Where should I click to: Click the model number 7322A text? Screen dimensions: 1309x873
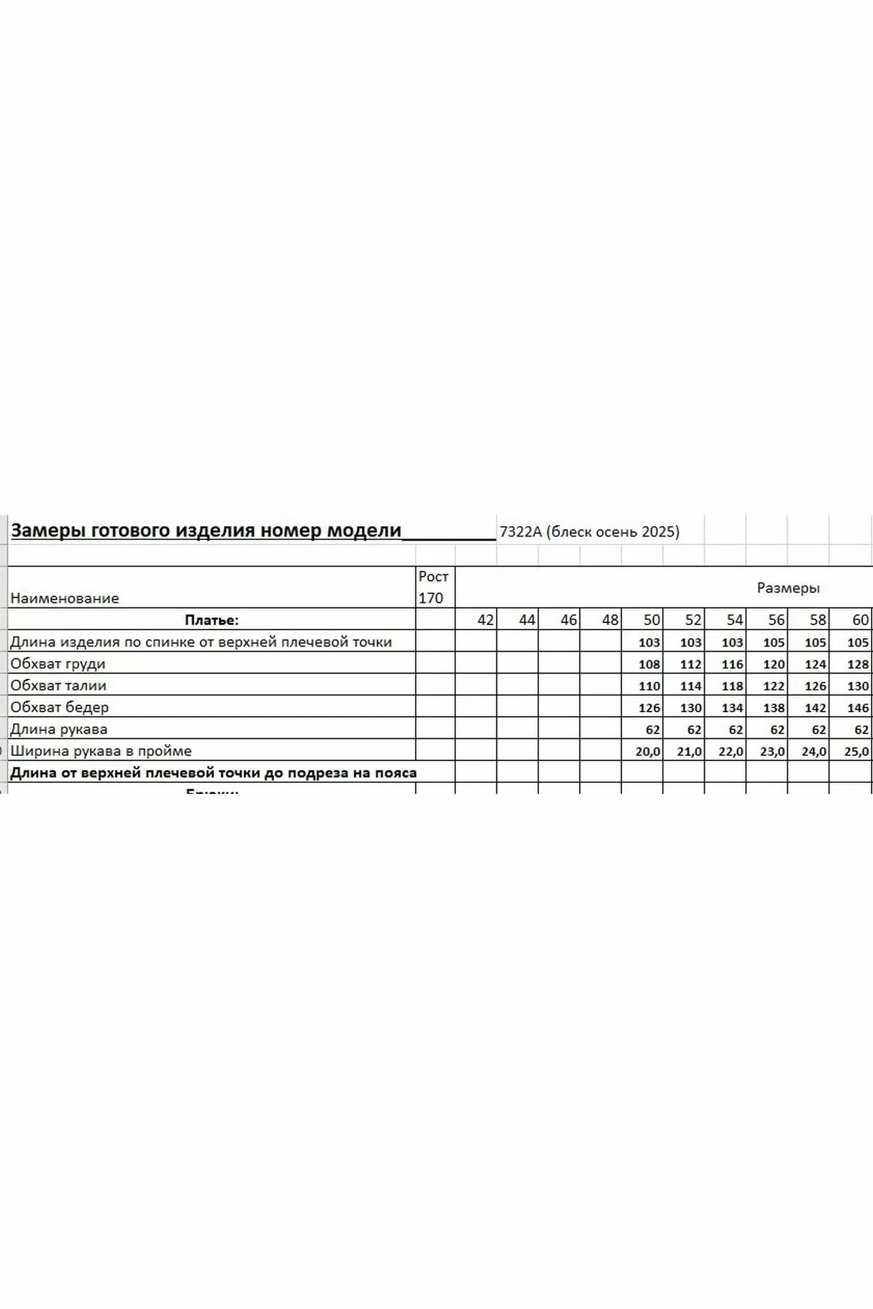(521, 531)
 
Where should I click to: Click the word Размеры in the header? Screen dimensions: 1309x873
(788, 588)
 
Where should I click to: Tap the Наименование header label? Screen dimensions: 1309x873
(64, 598)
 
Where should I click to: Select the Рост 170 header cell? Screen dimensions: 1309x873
(434, 587)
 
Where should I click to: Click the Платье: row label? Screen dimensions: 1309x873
(212, 620)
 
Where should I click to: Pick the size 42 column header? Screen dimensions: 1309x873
(485, 620)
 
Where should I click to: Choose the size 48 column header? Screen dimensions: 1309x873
(610, 620)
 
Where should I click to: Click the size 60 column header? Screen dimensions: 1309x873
(860, 620)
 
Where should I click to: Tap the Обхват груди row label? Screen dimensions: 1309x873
(58, 664)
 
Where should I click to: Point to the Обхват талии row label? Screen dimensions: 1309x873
(58, 685)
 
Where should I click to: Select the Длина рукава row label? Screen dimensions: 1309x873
(59, 729)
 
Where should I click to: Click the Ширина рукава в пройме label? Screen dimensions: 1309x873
(101, 751)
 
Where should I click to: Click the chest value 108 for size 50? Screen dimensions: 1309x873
(649, 664)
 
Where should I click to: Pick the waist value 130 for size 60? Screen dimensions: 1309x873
(857, 686)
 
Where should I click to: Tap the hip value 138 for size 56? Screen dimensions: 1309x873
(774, 708)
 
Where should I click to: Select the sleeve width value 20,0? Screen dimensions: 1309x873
(648, 751)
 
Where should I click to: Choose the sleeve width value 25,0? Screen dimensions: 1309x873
(857, 751)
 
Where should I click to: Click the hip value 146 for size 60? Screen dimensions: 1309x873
(857, 708)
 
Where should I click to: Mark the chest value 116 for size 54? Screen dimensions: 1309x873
(732, 664)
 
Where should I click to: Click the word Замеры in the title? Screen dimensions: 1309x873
(48, 530)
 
